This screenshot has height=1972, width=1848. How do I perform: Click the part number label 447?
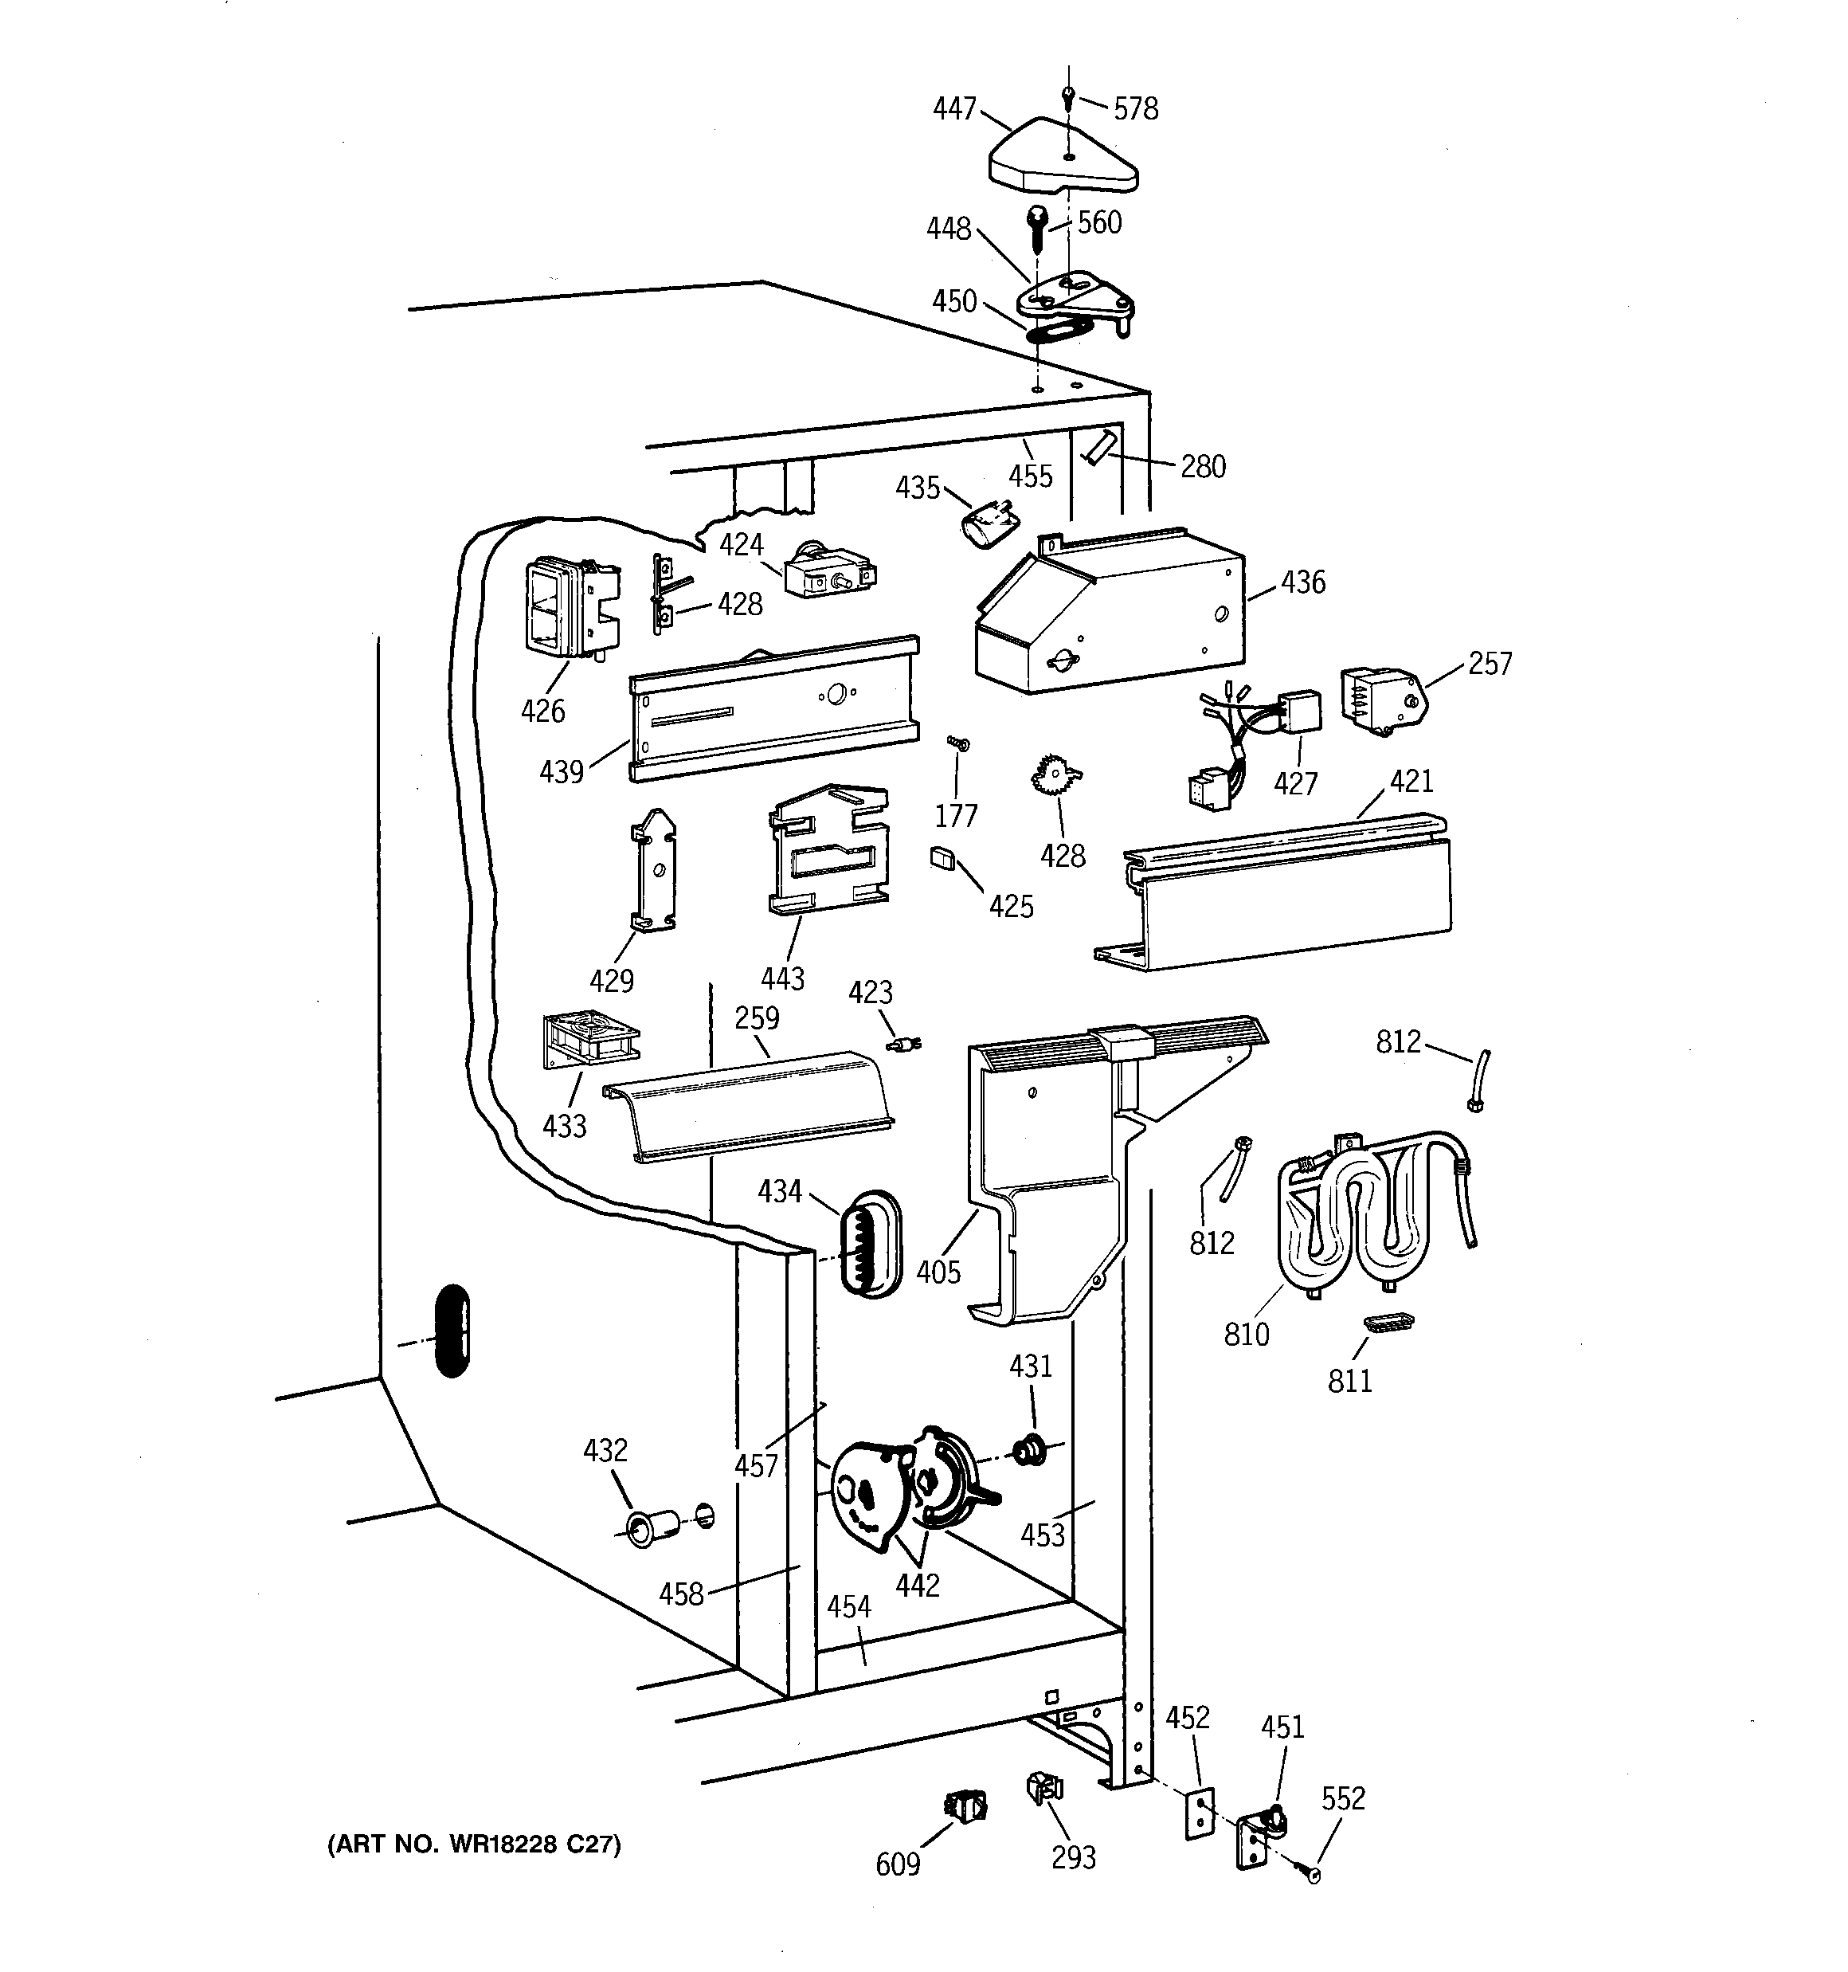coord(954,108)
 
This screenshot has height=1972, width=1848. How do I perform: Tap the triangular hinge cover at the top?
coord(1061,159)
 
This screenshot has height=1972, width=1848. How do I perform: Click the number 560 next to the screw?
coord(1100,222)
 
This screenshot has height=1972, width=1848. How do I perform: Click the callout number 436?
coord(1302,582)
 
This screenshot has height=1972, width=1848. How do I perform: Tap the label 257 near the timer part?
coord(1490,664)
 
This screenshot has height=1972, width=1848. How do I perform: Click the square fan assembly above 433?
coord(589,1040)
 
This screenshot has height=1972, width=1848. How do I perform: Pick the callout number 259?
coord(757,1017)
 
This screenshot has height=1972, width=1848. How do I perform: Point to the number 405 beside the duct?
coord(938,1272)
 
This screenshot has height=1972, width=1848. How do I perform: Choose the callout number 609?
coord(898,1865)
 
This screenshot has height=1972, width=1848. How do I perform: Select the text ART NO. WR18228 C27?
coord(474,1844)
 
